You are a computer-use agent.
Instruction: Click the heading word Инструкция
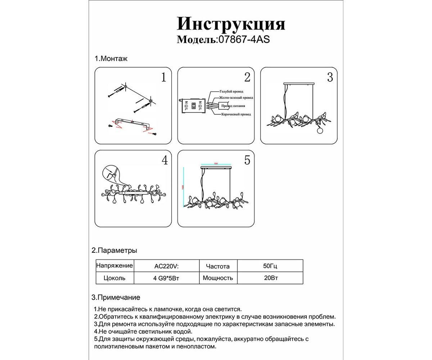(x=231, y=24)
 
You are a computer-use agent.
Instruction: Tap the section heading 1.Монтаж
(x=111, y=59)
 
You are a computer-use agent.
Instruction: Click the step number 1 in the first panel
(x=163, y=77)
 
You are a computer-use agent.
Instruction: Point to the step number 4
(x=164, y=160)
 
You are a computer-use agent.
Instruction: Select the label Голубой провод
(x=231, y=92)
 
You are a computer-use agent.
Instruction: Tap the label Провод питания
(x=233, y=106)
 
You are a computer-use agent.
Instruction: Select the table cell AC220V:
(x=166, y=267)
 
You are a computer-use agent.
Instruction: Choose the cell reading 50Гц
(x=270, y=267)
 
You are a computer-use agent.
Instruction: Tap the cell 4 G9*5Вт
(x=166, y=278)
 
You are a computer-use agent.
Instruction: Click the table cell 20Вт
(x=270, y=278)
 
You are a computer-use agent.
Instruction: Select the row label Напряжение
(x=114, y=266)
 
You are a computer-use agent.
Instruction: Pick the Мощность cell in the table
(x=218, y=278)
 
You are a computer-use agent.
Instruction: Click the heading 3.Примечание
(x=116, y=297)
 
